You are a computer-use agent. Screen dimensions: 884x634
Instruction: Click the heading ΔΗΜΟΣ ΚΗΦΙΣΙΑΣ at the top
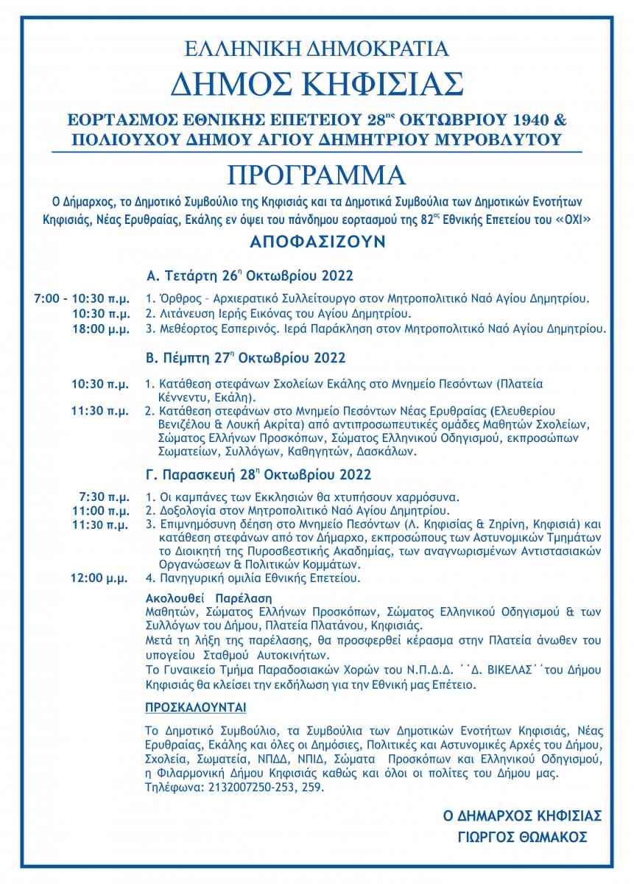(317, 85)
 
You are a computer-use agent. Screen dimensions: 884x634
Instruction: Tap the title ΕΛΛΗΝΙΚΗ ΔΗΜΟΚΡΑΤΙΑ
(317, 49)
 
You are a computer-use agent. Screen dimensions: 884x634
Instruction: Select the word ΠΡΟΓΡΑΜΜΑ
(317, 175)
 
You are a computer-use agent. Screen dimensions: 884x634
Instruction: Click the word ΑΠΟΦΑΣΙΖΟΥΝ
(317, 242)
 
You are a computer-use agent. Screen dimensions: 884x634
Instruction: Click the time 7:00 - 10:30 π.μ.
(82, 300)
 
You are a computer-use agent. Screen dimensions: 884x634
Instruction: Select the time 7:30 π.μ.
(107, 497)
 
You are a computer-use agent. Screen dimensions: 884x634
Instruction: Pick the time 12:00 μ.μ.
(100, 578)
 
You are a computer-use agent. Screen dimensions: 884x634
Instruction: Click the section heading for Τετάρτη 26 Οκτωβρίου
(250, 276)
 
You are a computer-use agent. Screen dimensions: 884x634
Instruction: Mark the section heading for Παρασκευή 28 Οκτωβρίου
(259, 473)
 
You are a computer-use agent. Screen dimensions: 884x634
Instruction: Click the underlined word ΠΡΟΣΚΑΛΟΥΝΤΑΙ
(196, 708)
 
